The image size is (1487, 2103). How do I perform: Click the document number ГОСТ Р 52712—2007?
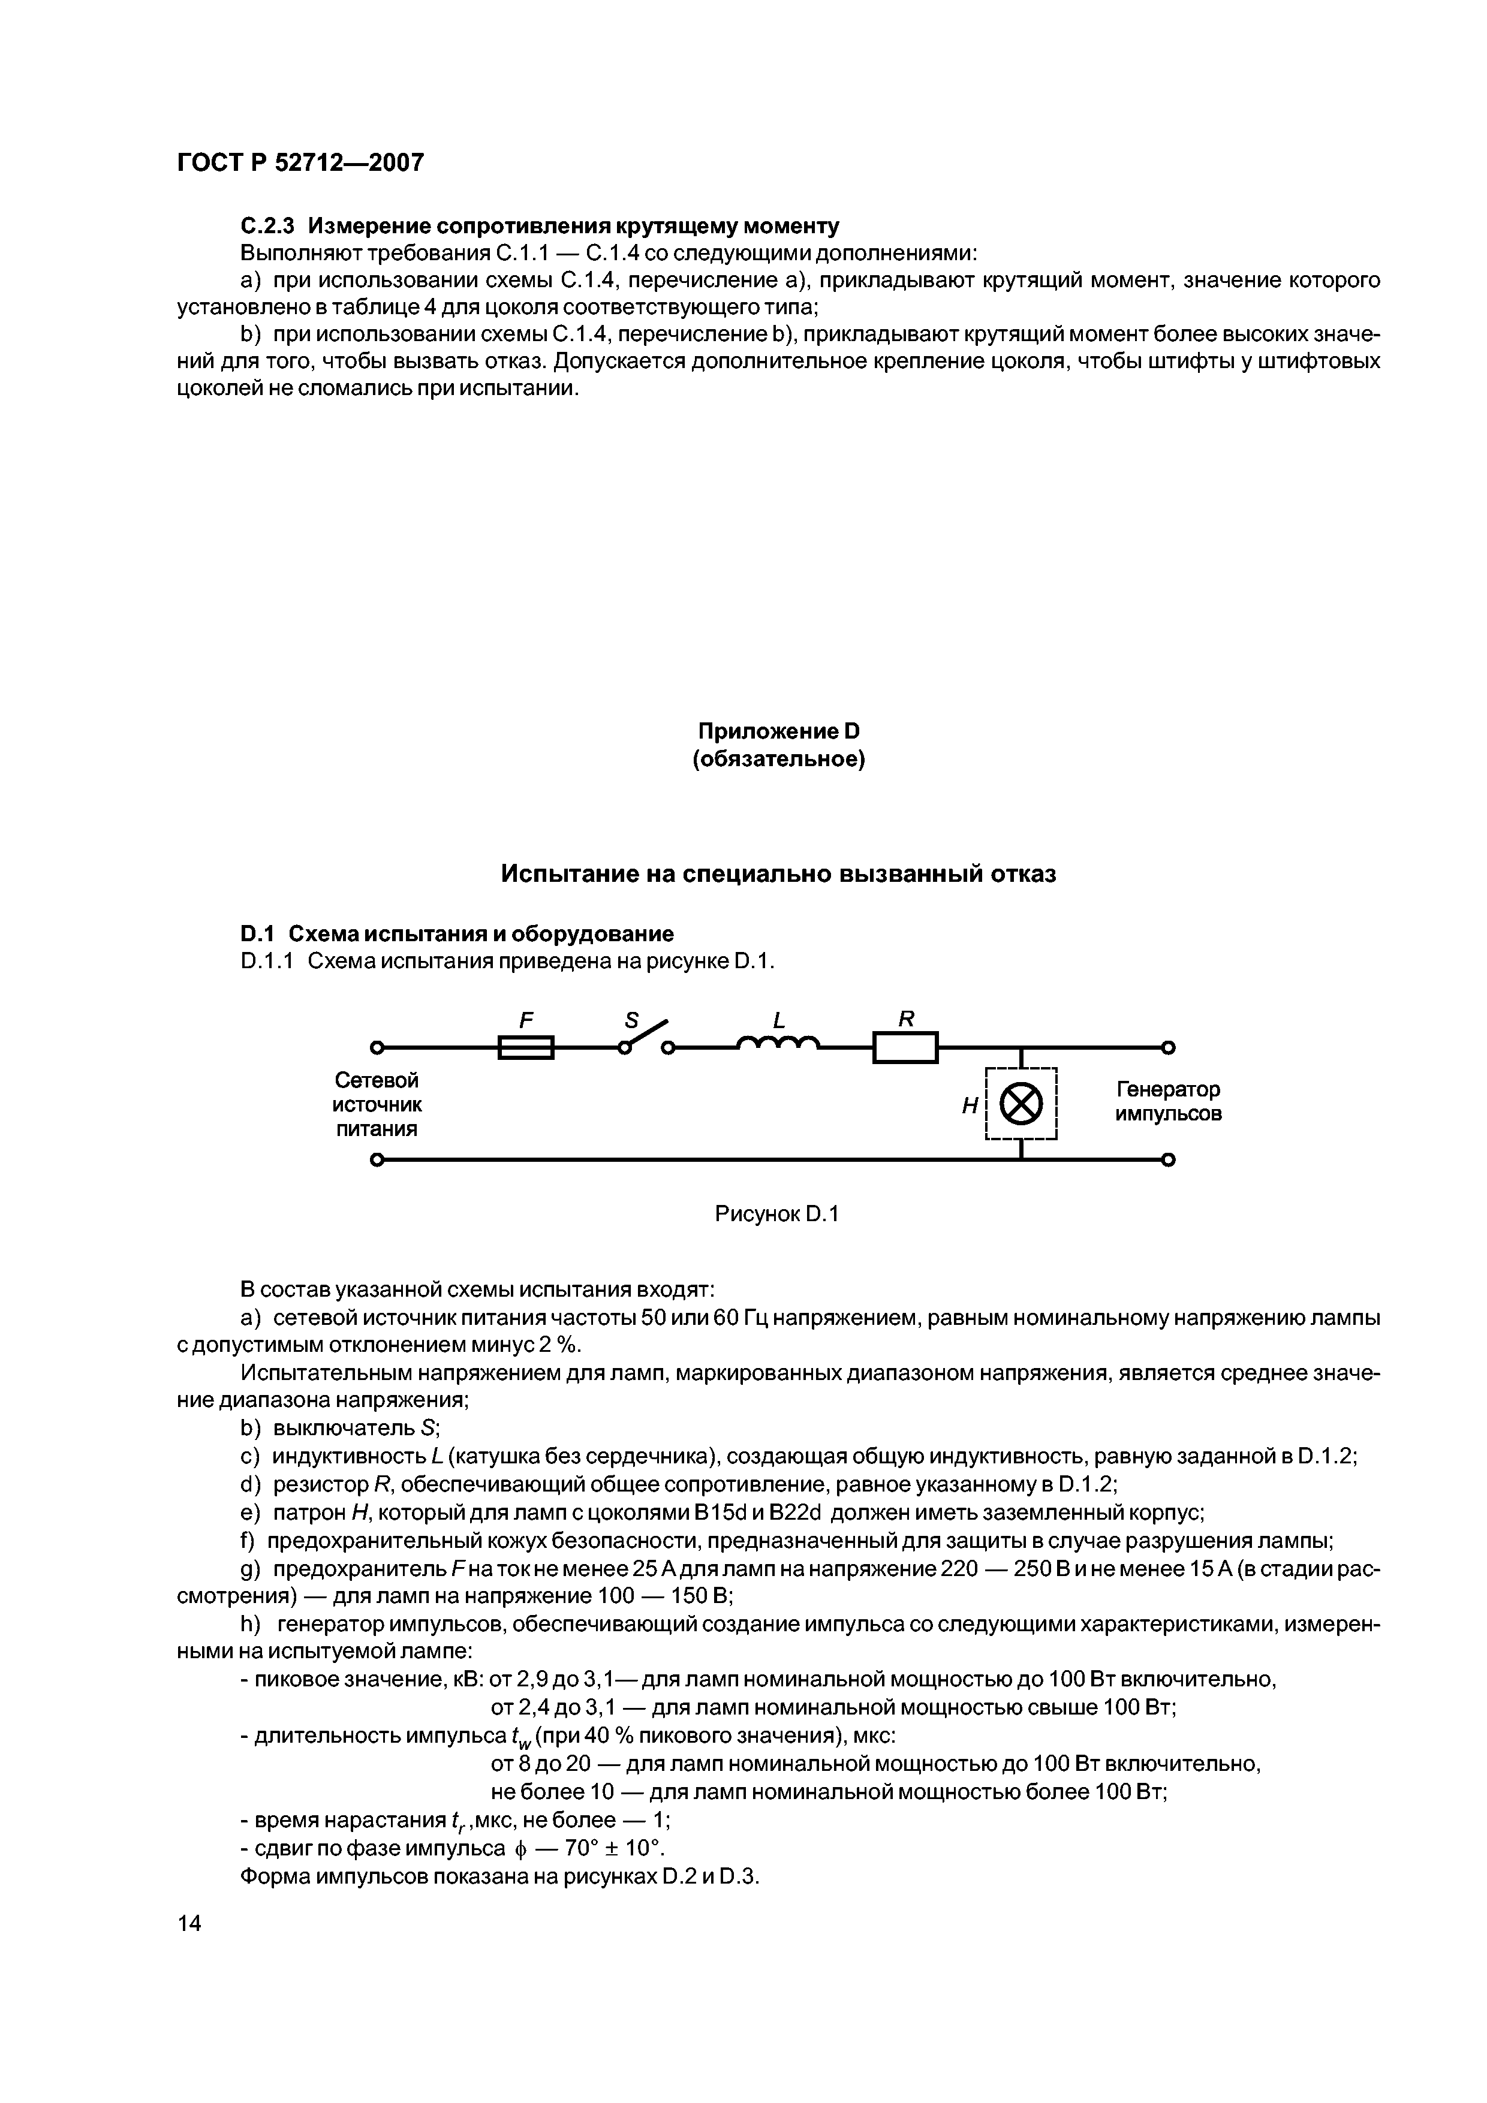pos(300,162)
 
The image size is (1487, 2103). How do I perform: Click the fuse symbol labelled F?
pos(526,1046)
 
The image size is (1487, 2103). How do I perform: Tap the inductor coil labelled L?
pos(778,1043)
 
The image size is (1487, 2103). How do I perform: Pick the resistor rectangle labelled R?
pos(905,1047)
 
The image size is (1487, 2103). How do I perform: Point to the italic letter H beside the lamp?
pos(970,1107)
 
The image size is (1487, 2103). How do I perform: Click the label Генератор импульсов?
pos(1168,1102)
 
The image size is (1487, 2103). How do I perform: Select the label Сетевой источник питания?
pos(377,1105)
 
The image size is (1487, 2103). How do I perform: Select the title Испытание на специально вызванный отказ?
pos(778,874)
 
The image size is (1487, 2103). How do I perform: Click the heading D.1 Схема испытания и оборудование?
pos(456,933)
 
